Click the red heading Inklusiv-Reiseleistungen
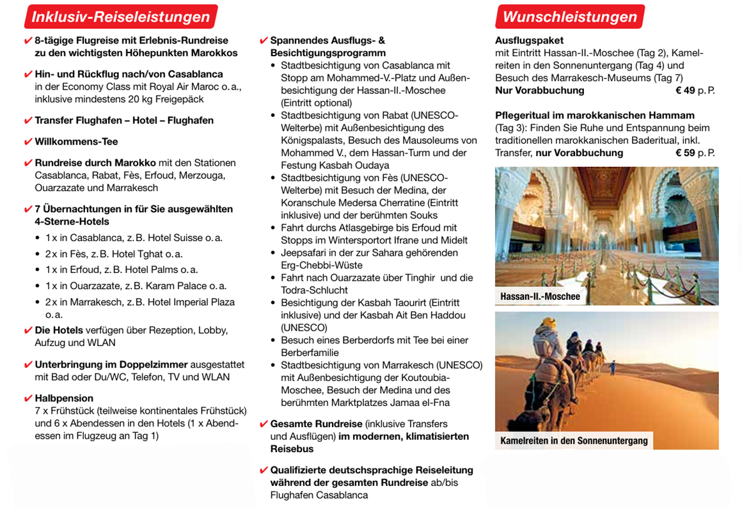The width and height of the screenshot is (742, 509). click(121, 17)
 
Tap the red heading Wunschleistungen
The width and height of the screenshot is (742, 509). click(569, 17)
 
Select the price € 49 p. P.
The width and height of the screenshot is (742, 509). click(695, 90)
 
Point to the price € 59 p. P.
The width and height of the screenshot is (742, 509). click(695, 153)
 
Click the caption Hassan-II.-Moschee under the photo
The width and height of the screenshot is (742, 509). click(540, 296)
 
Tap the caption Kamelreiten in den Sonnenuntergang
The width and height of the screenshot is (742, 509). click(573, 441)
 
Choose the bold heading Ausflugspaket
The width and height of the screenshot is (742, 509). click(529, 40)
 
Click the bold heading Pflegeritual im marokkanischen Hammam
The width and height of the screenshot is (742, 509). click(594, 115)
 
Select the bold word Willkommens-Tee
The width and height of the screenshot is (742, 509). click(76, 141)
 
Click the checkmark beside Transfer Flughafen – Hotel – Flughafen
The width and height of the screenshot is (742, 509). click(28, 121)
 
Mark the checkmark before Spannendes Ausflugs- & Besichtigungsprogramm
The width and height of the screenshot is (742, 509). click(264, 41)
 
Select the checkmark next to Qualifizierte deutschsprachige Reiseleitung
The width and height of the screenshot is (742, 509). click(264, 471)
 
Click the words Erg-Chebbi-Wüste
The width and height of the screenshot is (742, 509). click(321, 265)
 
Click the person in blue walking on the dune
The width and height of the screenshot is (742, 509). click(612, 366)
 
